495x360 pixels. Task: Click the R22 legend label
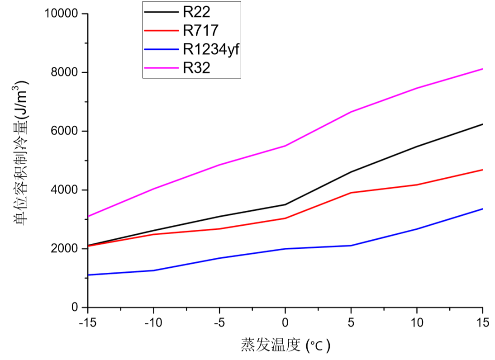[x=197, y=11]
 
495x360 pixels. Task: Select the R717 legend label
[x=201, y=30]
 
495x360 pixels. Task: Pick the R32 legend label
[x=197, y=68]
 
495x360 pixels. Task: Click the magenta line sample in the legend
[x=161, y=68]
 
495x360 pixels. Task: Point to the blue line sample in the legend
[x=161, y=49]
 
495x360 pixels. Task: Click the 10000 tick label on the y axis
[x=61, y=14]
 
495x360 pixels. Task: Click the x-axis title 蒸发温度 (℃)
[x=285, y=346]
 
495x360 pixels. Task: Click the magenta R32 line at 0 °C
[x=285, y=146]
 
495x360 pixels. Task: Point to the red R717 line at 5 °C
[x=351, y=193]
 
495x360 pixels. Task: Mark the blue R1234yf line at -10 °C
[x=153, y=270]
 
